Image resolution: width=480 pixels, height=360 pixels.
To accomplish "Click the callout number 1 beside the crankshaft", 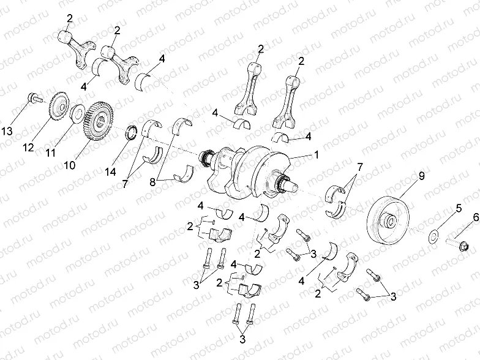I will pos(317,156).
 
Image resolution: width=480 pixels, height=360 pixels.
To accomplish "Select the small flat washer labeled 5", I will pos(434,234).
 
